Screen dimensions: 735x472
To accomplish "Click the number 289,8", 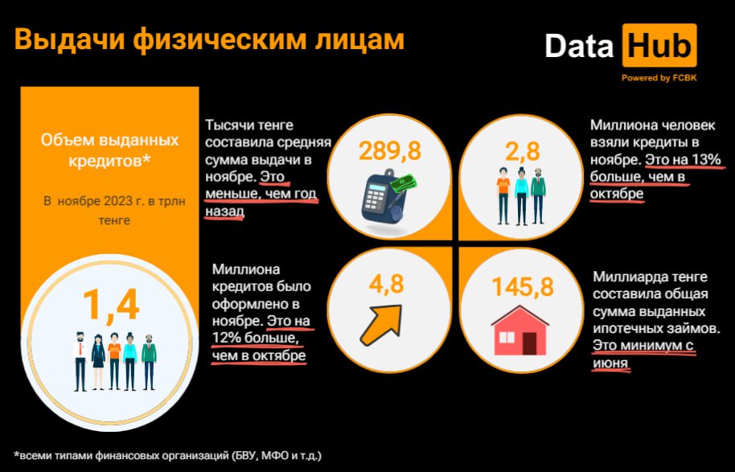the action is coord(390,151).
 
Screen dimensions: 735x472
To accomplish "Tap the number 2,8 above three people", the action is coord(522,151).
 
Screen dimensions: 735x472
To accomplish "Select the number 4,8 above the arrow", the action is coord(386,284).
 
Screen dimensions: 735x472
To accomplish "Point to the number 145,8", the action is coord(523,287).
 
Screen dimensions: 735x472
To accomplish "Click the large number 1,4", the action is coord(111,305).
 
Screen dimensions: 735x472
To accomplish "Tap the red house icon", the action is coord(519,330).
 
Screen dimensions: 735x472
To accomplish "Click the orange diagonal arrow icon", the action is coord(381,325).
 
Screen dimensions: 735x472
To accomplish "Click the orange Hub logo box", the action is coord(659,46).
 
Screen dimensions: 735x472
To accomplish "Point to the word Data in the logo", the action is coord(579,46).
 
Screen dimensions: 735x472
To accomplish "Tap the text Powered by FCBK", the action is coord(659,78).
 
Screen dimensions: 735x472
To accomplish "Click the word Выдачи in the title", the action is coord(70,40).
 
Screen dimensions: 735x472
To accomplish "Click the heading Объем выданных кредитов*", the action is coord(109,150).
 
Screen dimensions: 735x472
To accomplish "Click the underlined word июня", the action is coord(610,363).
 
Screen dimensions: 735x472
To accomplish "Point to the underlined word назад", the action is coord(224,211).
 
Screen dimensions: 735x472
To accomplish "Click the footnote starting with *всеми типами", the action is coord(168,455).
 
